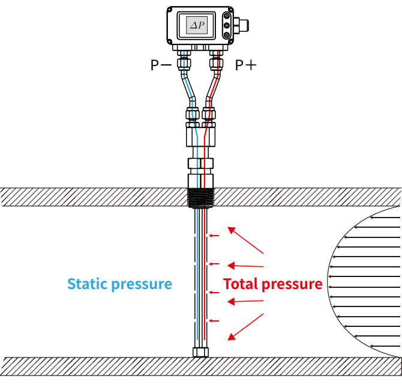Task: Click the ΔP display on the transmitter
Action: pyautogui.click(x=196, y=25)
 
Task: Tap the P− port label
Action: pyautogui.click(x=161, y=65)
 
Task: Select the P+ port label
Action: pyautogui.click(x=244, y=65)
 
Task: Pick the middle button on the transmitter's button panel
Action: pyautogui.click(x=226, y=26)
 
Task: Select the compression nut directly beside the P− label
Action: pyautogui.click(x=184, y=62)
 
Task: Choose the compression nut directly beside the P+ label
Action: pyautogui.click(x=216, y=62)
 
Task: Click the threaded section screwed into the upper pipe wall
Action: pyautogui.click(x=200, y=198)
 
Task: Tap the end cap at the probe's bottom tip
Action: pyautogui.click(x=200, y=352)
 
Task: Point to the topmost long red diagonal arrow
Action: pyautogui.click(x=245, y=240)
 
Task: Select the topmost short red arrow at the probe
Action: pyautogui.click(x=212, y=236)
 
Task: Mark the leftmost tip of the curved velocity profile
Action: pyautogui.click(x=329, y=282)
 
